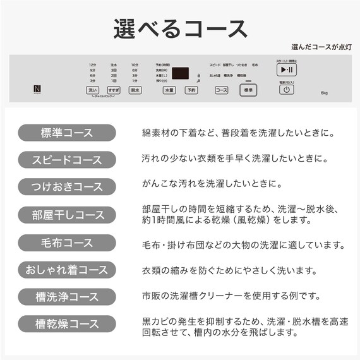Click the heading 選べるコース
179,28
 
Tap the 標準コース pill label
66,133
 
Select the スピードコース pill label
66,159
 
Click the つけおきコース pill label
66,187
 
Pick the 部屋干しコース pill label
66,215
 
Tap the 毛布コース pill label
66,243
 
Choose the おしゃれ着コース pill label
66,270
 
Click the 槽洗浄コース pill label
66,297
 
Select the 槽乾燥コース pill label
66,324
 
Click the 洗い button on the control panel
92,90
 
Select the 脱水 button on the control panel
135,90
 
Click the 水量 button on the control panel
169,90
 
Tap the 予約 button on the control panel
191,90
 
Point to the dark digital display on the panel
181,73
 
